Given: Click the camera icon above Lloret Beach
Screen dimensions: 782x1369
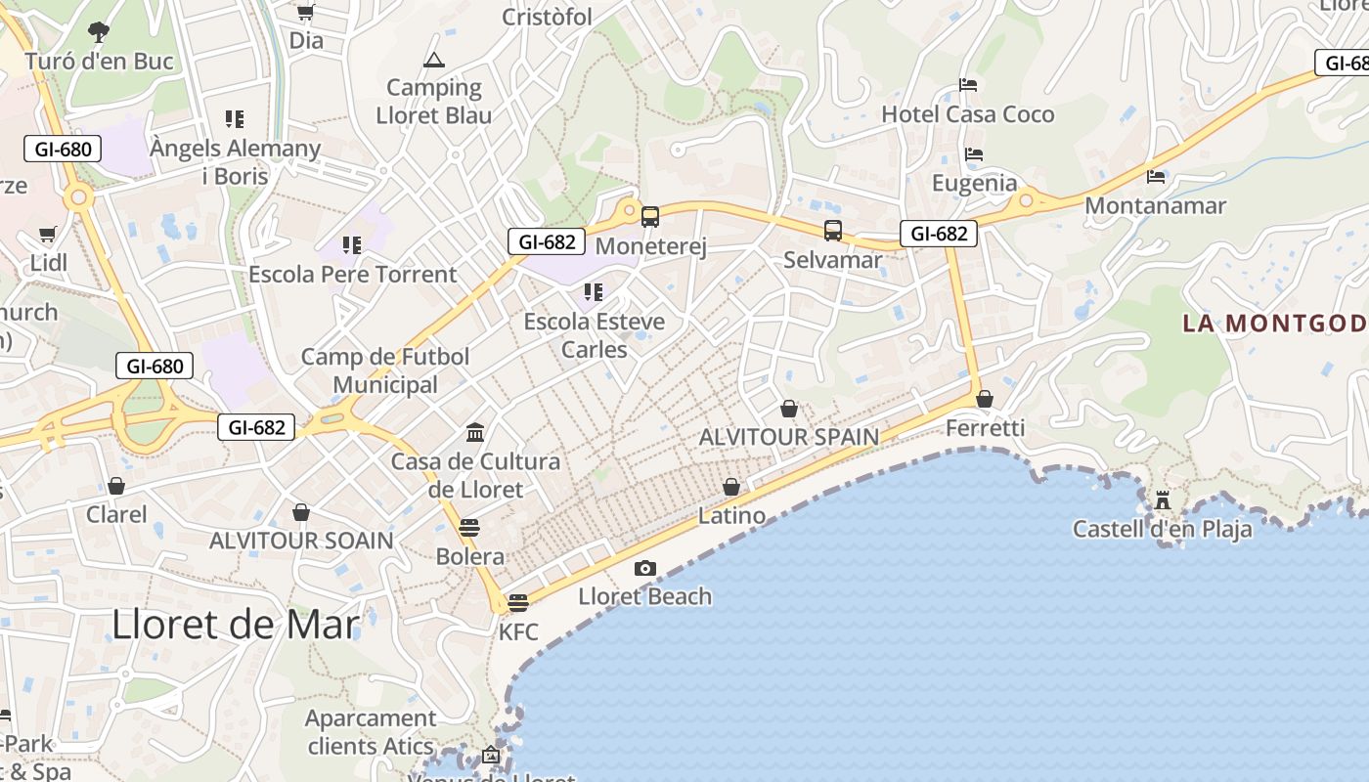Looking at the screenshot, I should tap(644, 569).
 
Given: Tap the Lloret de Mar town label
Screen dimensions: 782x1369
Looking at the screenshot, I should tap(236, 624).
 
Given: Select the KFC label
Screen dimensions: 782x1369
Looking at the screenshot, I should tap(518, 631).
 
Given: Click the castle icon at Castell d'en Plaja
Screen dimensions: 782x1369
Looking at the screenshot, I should tap(1163, 500).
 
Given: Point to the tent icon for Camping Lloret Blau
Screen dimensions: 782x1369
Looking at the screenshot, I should tap(433, 61).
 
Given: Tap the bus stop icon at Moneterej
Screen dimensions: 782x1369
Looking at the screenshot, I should tap(650, 217).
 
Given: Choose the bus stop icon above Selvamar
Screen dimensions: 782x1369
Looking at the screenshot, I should tap(833, 231).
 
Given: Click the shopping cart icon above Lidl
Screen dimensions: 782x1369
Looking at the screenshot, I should tap(47, 235).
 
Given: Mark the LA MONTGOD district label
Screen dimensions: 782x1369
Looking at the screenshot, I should tap(1274, 324).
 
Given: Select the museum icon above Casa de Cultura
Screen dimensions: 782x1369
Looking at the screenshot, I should tap(475, 432).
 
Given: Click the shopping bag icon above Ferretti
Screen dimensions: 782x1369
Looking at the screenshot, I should tap(985, 399).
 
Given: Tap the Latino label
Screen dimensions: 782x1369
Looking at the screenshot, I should tap(731, 515).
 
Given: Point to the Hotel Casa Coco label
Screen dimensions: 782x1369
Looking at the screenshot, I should tap(968, 114).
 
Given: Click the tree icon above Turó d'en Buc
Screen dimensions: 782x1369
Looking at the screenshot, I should tap(98, 31).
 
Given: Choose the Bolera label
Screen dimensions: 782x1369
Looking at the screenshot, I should tap(470, 557).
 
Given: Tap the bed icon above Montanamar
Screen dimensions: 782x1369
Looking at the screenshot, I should tap(1156, 177).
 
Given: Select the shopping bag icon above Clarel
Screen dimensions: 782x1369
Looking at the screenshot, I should tap(116, 486).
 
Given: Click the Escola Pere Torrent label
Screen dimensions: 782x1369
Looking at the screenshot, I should tap(352, 275).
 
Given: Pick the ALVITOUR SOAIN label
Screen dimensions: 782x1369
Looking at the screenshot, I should tap(301, 541).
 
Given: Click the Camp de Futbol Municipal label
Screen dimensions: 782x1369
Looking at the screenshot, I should tap(385, 370).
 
